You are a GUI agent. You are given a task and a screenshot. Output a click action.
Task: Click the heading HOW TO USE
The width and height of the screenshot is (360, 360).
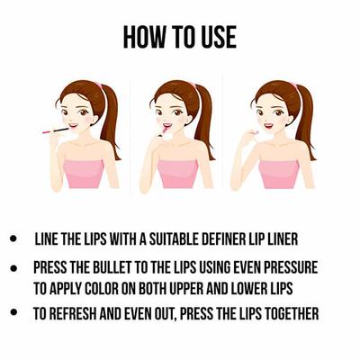[x=179, y=37]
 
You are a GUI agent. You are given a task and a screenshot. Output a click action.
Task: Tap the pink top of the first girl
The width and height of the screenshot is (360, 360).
[x=84, y=173]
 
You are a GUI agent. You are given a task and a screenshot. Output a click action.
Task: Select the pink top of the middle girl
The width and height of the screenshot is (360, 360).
[x=179, y=173]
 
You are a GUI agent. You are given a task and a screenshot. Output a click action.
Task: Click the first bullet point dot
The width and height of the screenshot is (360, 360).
[x=13, y=240]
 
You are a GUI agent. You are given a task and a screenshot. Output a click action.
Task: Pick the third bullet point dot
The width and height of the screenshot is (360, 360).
[x=13, y=313]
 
